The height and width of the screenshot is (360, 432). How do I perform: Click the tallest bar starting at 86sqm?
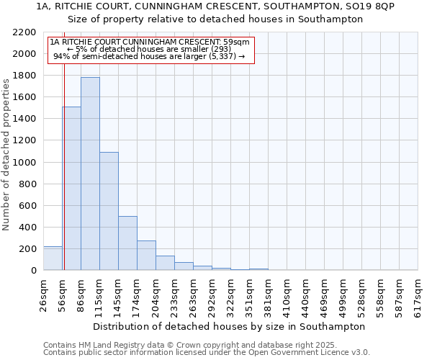pos(90,174)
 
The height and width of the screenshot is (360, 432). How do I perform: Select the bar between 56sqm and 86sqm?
pos(71,189)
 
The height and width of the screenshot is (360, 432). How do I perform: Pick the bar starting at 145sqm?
pos(127,243)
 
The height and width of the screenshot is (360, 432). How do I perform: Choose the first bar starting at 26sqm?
pos(53,258)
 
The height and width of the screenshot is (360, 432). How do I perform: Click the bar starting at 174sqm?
pos(146,256)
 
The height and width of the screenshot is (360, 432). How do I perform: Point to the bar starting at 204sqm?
pos(165,263)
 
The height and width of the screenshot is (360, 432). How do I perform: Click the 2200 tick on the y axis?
pos(26,32)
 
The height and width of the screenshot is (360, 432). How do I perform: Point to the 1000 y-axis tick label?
pos(26,163)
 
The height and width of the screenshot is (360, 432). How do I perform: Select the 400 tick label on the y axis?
pos(28,228)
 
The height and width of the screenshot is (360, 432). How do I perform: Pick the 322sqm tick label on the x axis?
pos(231,295)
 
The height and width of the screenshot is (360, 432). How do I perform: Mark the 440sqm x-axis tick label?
pos(306,295)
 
